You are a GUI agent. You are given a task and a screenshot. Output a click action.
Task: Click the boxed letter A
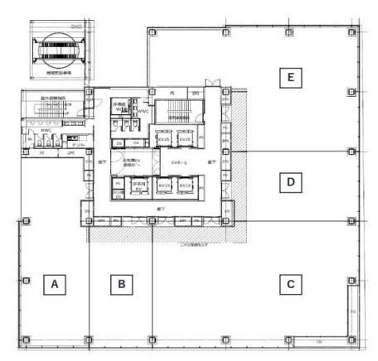click(x=55, y=284)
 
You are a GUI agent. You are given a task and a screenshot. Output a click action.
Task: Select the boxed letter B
click(x=122, y=284)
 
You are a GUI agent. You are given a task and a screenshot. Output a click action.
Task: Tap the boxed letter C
click(x=289, y=284)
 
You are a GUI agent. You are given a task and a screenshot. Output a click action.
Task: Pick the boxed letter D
click(x=289, y=181)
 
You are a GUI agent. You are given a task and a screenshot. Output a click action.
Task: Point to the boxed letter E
click(x=289, y=78)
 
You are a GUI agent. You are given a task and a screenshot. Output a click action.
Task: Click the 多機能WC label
click(x=119, y=106)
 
